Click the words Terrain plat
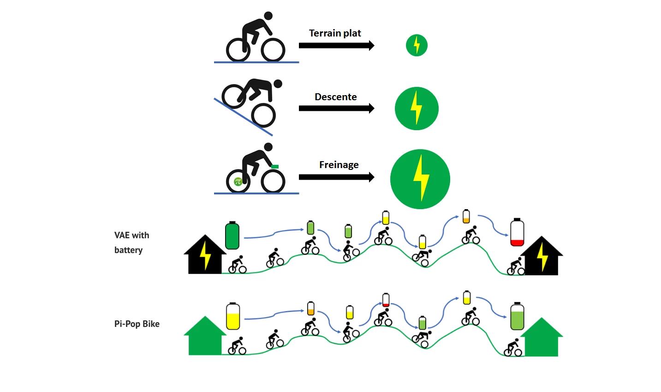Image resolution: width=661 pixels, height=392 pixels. point(335,33)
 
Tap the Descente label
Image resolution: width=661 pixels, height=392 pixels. point(335,97)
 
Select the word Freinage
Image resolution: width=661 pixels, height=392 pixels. point(339,165)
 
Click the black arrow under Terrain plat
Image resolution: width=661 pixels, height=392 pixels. point(336,45)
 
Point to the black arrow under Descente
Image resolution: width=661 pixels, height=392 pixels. point(336,109)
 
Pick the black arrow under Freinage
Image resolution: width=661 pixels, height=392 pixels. point(336,177)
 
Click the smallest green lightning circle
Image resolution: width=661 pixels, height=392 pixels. point(417,45)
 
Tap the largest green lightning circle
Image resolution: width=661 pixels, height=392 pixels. point(420,179)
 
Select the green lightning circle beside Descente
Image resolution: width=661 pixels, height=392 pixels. point(417,109)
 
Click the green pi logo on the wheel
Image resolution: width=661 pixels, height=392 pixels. point(238,181)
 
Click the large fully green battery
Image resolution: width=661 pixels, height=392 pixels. point(232,235)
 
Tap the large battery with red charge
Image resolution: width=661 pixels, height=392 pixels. point(517,233)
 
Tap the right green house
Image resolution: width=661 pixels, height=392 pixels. point(542,338)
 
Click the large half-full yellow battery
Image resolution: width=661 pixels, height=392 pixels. point(233,316)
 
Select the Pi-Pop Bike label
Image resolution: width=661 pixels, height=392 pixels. point(137,324)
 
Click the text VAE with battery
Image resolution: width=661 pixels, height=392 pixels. point(131,242)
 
